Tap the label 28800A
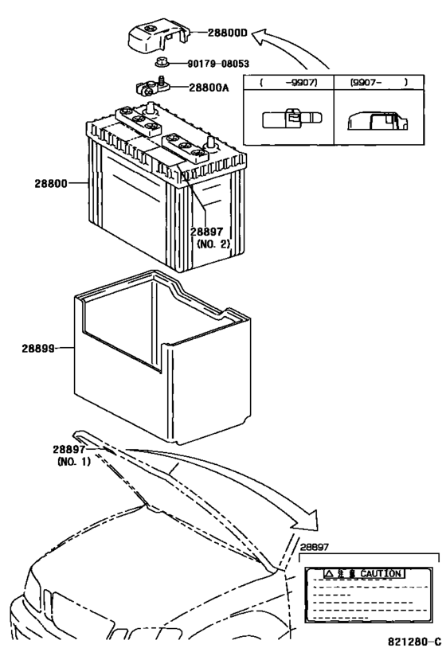click(x=208, y=88)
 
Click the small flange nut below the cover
click(x=159, y=62)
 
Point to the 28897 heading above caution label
click(x=314, y=548)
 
